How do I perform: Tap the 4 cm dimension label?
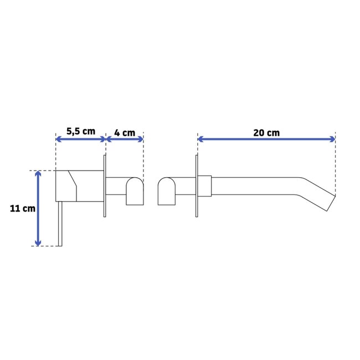tap(125, 133)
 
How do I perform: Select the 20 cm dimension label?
tap(266, 133)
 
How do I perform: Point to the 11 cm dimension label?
tap(23, 208)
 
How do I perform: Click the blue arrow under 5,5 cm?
tap(81, 139)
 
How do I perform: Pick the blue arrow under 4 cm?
tap(125, 139)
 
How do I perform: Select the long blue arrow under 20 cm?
tap(266, 139)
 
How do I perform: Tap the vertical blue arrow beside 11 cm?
tap(38, 208)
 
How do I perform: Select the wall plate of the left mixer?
tap(104, 186)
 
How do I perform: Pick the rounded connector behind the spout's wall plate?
tap(167, 191)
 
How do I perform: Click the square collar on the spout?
tap(204, 186)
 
